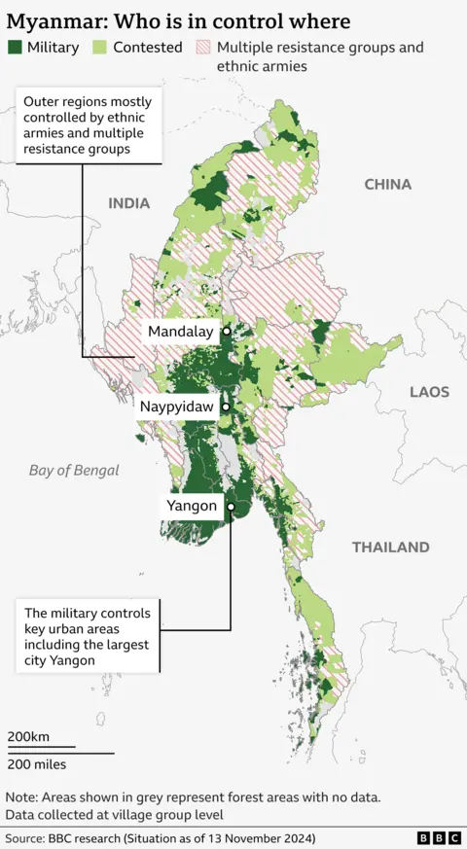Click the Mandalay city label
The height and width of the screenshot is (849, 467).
[x=180, y=332]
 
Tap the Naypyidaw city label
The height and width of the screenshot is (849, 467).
[x=176, y=407]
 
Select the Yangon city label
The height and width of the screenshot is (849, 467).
[x=192, y=506]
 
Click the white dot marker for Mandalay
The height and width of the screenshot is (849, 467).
[x=227, y=332]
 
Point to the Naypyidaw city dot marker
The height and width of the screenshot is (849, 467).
[x=226, y=407]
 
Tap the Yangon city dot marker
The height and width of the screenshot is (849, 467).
[x=231, y=507]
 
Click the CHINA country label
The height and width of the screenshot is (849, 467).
[x=387, y=184]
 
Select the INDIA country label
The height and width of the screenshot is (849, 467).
[x=129, y=203]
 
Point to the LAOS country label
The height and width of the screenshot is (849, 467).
[x=429, y=392]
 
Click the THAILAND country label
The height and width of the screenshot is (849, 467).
[x=390, y=548]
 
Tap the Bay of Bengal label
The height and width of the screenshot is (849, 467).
[x=74, y=471]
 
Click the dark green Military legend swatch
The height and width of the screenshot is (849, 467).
[x=15, y=47]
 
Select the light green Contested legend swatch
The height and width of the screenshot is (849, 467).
[x=99, y=47]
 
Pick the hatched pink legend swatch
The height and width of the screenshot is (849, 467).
[x=202, y=47]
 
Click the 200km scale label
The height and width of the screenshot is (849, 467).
[x=28, y=736]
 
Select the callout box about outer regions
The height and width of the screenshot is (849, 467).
[x=88, y=126]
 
